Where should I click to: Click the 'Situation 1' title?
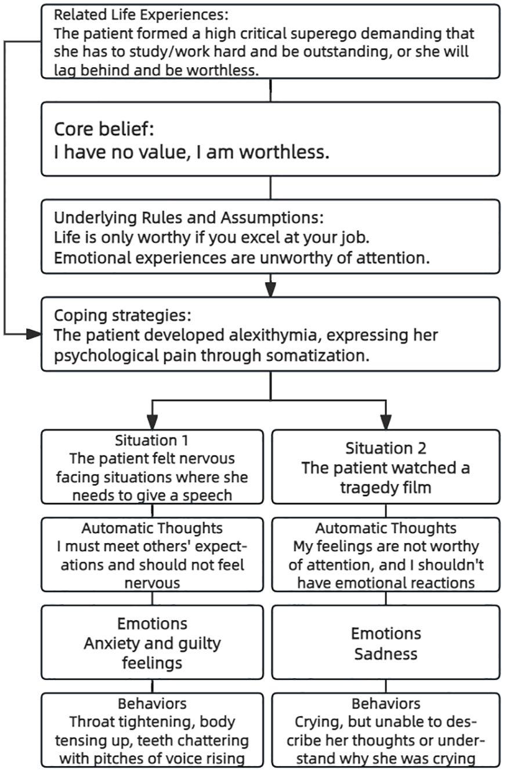152,440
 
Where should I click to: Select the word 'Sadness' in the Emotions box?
385,654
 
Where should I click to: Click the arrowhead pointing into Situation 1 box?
152,422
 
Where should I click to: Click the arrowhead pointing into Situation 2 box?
386,422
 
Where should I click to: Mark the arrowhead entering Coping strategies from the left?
34,334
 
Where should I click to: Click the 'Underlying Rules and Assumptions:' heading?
189,218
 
